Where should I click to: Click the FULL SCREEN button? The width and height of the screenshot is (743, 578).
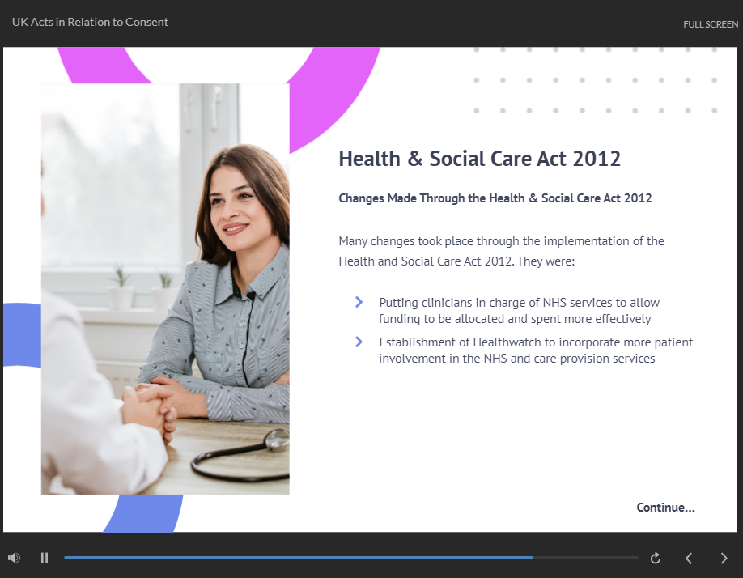[x=711, y=24]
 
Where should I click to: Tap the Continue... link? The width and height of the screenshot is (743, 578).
[x=665, y=508]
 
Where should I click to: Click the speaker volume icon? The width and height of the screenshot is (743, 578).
[x=15, y=558]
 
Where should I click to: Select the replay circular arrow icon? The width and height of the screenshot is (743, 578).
[x=656, y=558]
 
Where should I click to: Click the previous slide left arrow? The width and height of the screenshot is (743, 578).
[x=689, y=558]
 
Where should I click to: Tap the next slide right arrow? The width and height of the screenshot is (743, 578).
[x=724, y=558]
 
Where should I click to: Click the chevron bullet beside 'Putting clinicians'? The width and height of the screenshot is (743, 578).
[x=359, y=302]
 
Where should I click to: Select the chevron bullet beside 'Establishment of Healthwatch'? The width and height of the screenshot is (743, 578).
[x=359, y=342]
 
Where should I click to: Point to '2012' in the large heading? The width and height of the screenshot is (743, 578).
[x=597, y=159]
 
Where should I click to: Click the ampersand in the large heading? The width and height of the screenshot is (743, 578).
[x=414, y=159]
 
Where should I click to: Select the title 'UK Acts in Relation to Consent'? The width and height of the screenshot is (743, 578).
[x=90, y=23]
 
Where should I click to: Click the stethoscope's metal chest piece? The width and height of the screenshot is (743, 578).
[x=277, y=440]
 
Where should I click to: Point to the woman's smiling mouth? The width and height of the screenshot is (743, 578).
[x=236, y=228]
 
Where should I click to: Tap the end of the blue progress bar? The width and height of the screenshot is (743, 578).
[x=533, y=558]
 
